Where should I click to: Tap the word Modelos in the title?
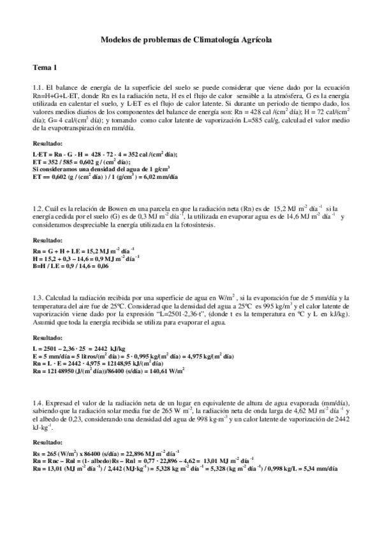(x=117, y=39)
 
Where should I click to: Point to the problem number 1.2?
(x=37, y=208)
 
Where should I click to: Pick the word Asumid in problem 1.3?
(x=43, y=323)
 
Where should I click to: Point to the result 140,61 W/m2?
(x=168, y=370)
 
